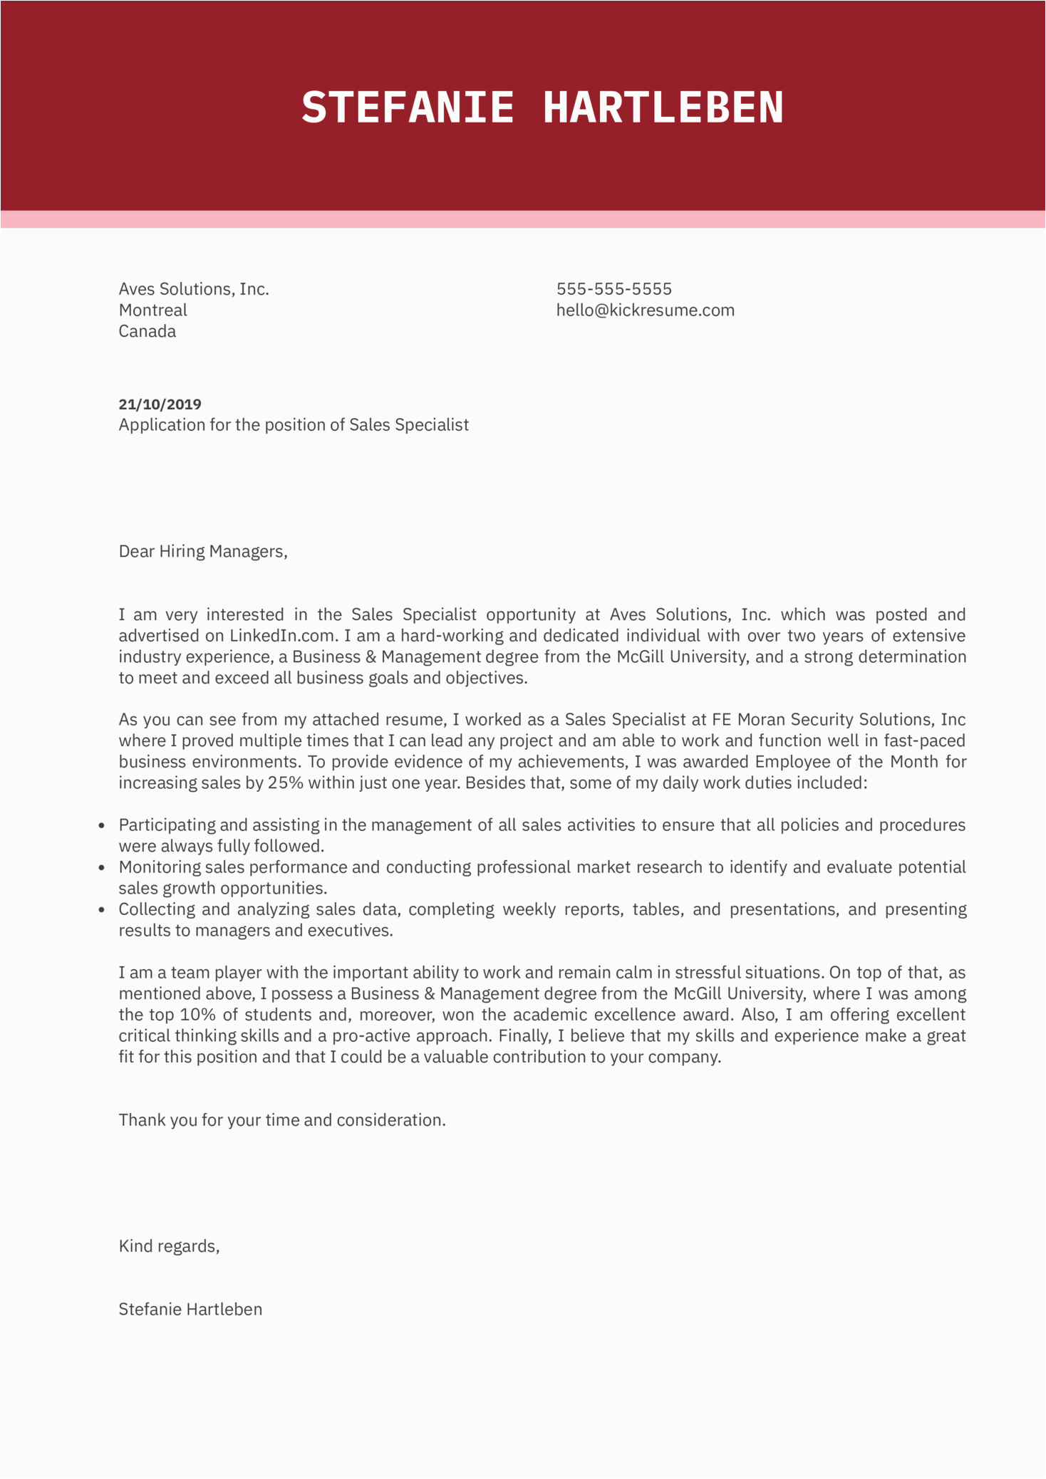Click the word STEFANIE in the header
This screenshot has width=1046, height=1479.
pos(407,108)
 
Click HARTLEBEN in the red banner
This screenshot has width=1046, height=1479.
pos(663,108)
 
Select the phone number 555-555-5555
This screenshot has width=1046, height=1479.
pos(613,289)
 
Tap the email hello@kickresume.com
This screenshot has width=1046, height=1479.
pos(645,310)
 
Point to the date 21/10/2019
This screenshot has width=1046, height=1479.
pos(160,404)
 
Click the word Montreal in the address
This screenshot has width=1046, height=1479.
pos(152,310)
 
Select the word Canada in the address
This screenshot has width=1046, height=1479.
pos(147,332)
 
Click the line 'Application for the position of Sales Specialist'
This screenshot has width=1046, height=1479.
pos(294,425)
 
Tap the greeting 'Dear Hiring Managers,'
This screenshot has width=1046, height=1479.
pos(203,552)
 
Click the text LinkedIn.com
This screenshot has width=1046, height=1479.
pos(281,636)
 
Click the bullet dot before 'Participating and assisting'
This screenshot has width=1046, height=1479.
pos(102,826)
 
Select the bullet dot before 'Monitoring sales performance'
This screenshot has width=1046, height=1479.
pos(102,868)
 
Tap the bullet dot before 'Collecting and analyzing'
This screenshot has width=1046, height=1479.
pos(102,910)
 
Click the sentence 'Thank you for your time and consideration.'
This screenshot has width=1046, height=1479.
pos(282,1120)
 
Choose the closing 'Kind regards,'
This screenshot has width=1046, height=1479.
pos(169,1246)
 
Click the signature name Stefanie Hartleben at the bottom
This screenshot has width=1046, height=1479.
pos(190,1310)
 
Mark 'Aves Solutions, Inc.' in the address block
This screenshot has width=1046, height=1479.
pos(194,289)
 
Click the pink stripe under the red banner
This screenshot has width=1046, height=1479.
pos(523,219)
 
